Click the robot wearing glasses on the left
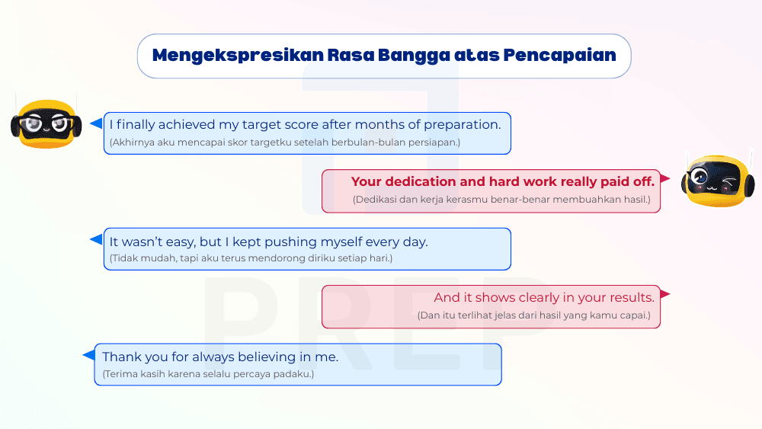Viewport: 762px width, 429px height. (46, 122)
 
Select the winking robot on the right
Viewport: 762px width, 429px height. (716, 180)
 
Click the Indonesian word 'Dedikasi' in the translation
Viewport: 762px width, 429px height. (375, 200)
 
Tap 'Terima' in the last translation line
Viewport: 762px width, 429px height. (120, 374)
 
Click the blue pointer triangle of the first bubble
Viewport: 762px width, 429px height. (96, 123)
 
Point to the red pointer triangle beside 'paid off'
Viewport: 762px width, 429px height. (664, 179)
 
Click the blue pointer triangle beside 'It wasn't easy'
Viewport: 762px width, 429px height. (96, 239)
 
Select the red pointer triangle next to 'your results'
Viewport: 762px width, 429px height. (664, 294)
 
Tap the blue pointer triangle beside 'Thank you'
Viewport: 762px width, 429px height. (88, 354)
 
